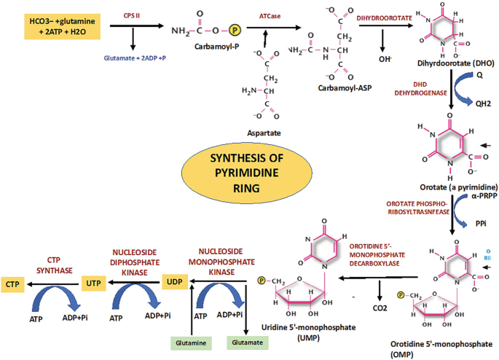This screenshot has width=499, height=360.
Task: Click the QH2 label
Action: click(x=482, y=103)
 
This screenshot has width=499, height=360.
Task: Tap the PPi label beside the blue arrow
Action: click(x=482, y=226)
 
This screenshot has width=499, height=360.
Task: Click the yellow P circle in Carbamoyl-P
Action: click(x=235, y=32)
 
